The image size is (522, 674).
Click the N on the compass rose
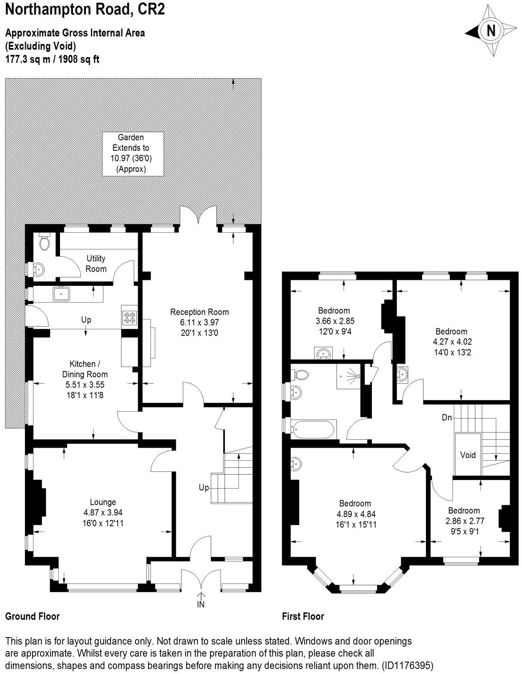click(491, 31)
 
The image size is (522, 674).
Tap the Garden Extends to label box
click(133, 153)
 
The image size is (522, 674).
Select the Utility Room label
click(96, 264)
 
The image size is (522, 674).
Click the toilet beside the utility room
click(44, 243)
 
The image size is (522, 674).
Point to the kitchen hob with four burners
click(130, 318)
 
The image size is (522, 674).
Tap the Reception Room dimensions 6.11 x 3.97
click(199, 322)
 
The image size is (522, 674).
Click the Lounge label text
click(103, 502)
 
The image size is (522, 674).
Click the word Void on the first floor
click(468, 455)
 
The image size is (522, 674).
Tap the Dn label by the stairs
click(447, 417)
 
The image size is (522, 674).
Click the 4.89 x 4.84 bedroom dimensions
click(355, 514)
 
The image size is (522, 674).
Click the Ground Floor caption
click(32, 616)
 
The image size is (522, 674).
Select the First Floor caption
click(303, 616)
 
